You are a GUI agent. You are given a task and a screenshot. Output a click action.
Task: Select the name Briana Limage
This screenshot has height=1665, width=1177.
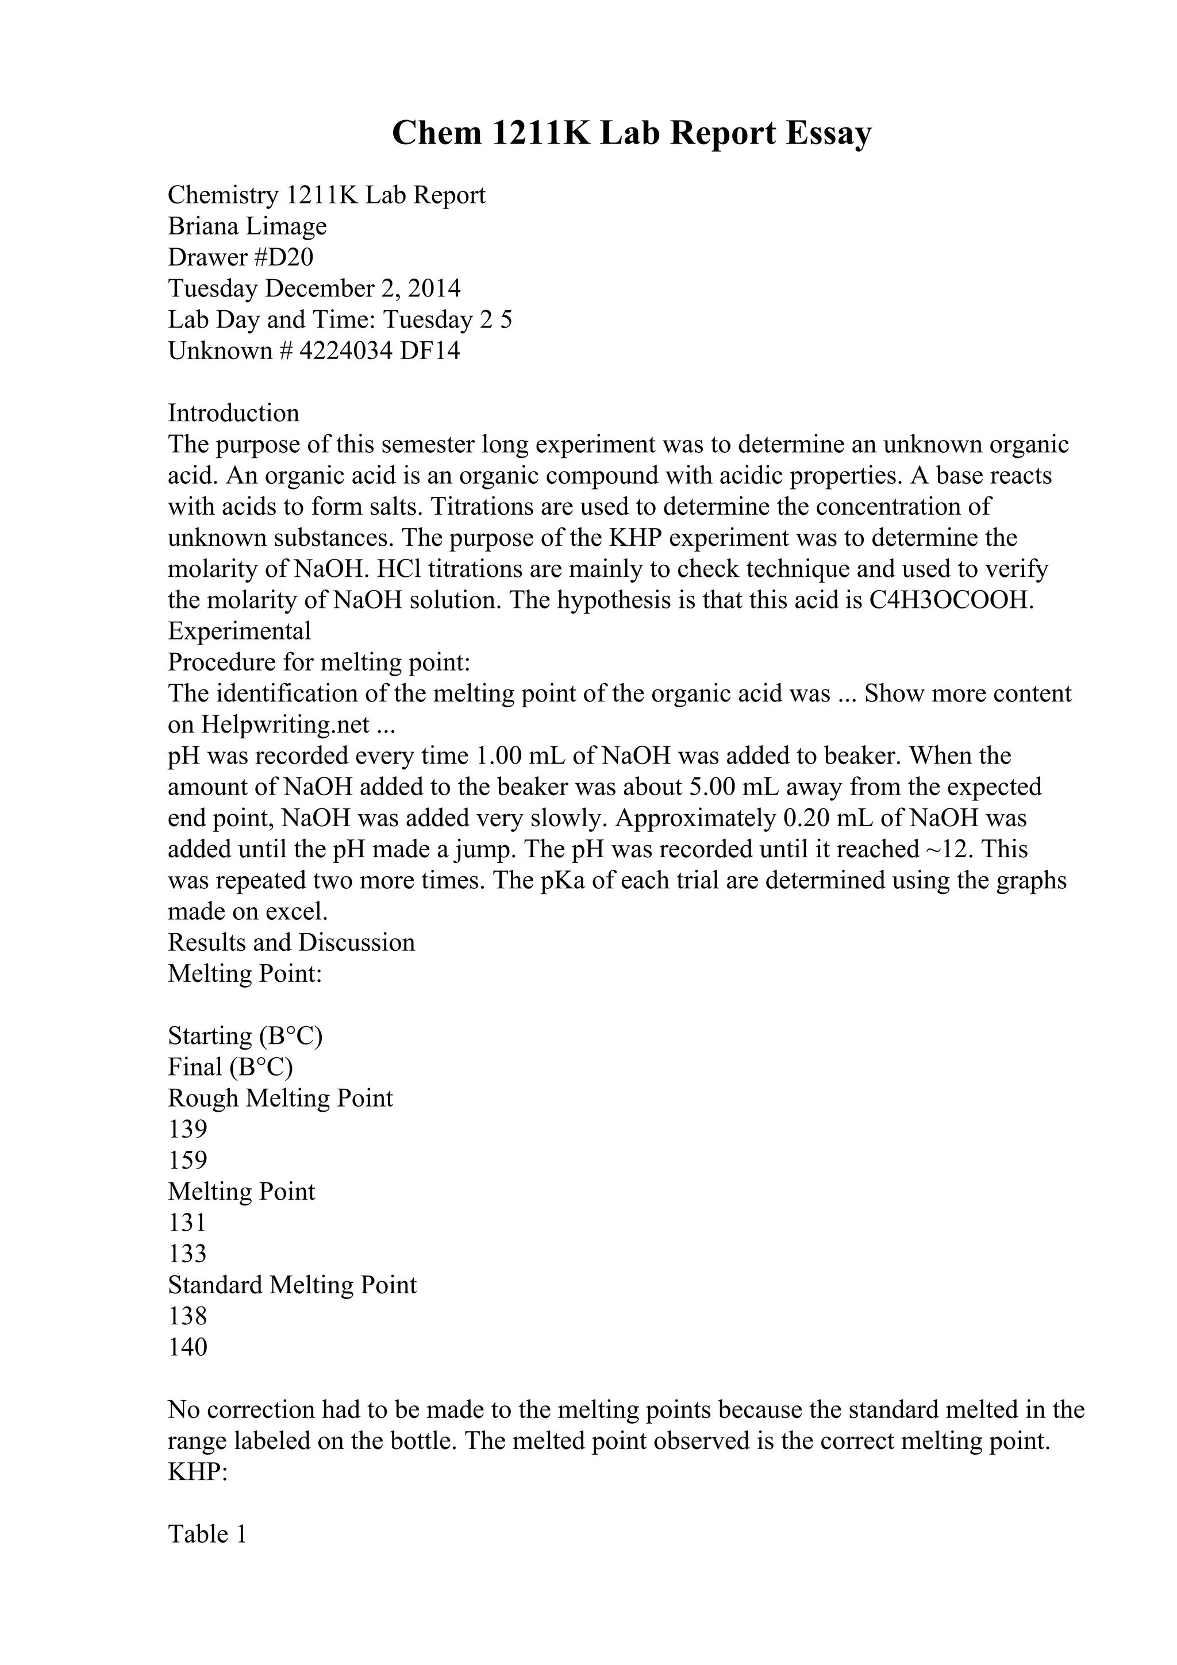tap(247, 226)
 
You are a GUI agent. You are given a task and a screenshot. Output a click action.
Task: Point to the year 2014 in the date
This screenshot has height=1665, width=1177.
tap(434, 288)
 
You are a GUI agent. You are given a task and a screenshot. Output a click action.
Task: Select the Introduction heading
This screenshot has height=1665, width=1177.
tap(233, 413)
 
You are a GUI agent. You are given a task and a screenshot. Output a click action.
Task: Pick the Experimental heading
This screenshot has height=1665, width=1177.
tap(239, 631)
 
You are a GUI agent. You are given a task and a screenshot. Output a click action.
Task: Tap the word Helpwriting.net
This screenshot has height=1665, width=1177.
tap(286, 724)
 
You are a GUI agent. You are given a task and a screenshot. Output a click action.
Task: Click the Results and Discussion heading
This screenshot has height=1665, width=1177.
tap(291, 943)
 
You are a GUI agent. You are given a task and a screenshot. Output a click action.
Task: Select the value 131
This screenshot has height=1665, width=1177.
tap(187, 1223)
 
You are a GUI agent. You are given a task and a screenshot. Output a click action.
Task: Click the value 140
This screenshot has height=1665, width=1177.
tap(188, 1347)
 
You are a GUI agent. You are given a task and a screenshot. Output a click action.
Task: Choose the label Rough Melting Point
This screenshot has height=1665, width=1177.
tap(280, 1098)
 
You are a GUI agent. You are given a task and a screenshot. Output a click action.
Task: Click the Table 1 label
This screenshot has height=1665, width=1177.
tap(207, 1535)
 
